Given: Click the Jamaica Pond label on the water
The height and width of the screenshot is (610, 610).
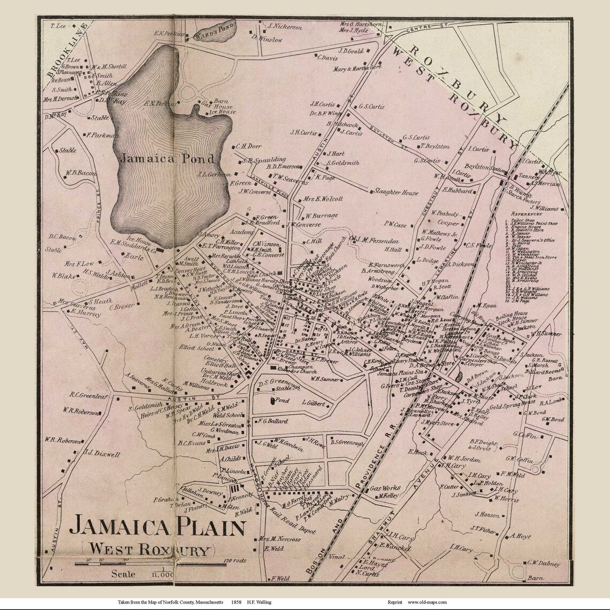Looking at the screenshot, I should point(167,158).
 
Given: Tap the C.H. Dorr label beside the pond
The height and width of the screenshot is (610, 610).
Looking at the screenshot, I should point(247,146).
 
